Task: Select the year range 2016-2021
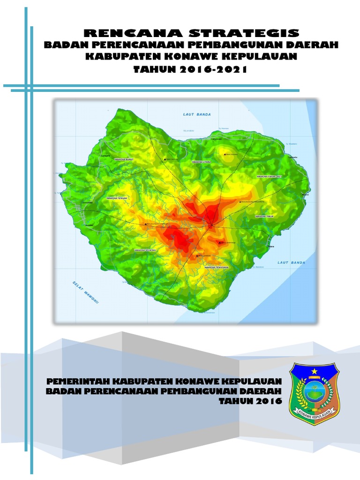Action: pos(213,70)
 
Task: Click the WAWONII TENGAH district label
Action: pos(117,199)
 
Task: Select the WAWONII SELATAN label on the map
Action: pos(145,250)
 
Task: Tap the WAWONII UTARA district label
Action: pos(201,162)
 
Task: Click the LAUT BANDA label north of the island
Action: pos(196,114)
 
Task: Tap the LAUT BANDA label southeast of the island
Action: pos(291,262)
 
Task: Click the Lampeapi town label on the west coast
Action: pos(88,202)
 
